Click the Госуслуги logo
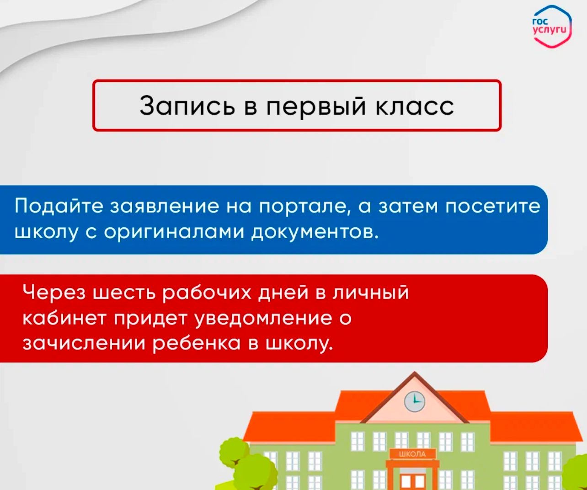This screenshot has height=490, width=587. (552, 27)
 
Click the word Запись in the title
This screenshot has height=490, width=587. (187, 106)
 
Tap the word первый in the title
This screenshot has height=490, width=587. (316, 107)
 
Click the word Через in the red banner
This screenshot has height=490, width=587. (54, 293)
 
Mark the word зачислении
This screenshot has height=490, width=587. (84, 344)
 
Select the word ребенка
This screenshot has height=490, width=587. (197, 344)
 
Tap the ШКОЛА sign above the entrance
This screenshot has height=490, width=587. (412, 454)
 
